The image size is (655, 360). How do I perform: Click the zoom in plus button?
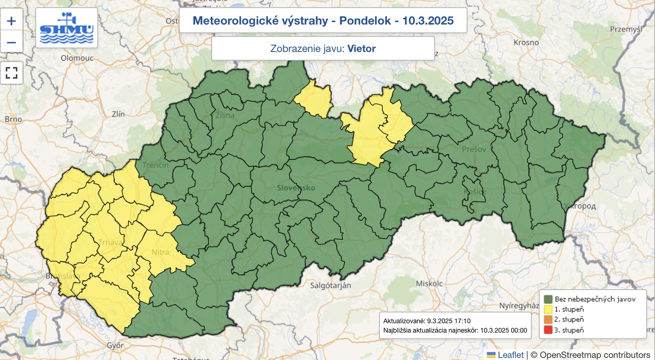point(11,21)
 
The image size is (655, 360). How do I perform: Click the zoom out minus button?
point(11,42)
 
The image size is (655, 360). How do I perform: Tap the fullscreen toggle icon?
point(11,73)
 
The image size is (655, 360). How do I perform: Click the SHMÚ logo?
point(67,28)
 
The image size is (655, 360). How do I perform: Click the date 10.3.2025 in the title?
point(428,20)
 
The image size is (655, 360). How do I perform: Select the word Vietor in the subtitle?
point(361,48)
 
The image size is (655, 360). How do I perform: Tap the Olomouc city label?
point(77,58)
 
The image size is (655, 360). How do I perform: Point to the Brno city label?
point(13,119)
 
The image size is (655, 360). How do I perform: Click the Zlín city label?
point(118,114)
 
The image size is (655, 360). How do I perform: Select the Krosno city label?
point(526,43)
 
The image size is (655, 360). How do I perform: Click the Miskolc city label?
point(429,283)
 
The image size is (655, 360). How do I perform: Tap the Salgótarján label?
point(330,285)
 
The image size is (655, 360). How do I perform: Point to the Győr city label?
point(115,345)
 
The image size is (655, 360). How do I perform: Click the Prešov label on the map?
point(474,149)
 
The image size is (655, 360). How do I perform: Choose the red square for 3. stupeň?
point(548,330)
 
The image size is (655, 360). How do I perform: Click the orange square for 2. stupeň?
point(548,319)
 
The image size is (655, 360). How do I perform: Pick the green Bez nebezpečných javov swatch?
point(548,299)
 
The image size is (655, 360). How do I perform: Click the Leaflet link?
point(510,355)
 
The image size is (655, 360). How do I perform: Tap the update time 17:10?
point(462,321)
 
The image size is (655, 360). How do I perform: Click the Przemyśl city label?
point(626,29)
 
